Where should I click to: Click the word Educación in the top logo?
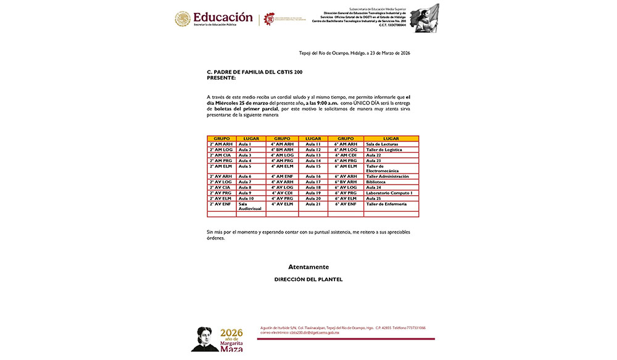click(223, 17)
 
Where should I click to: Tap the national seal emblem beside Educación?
click(183, 19)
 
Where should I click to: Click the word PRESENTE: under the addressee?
click(221, 77)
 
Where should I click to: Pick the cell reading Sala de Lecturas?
click(382, 144)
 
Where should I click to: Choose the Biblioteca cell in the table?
click(376, 182)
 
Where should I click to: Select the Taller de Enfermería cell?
click(386, 204)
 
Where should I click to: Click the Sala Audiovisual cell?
click(250, 206)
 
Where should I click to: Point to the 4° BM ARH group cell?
click(282, 149)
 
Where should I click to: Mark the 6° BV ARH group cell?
click(346, 182)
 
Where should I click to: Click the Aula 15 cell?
click(313, 166)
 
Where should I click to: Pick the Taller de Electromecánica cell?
click(383, 169)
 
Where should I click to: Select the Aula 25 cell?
click(374, 198)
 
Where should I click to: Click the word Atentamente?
click(308, 267)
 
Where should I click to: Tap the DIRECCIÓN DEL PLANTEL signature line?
click(308, 280)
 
